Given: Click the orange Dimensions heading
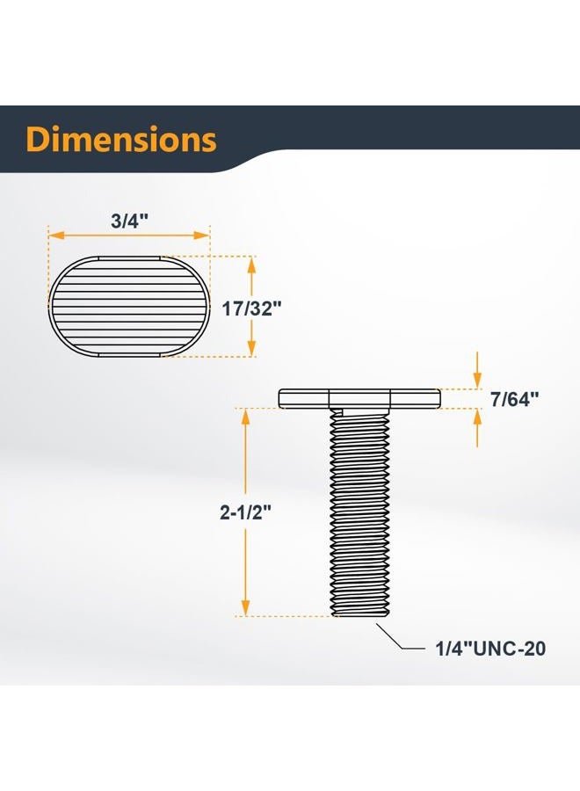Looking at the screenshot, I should pyautogui.click(x=121, y=140).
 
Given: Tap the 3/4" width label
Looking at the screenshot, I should pyautogui.click(x=129, y=221).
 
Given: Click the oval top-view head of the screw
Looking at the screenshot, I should pyautogui.click(x=129, y=306).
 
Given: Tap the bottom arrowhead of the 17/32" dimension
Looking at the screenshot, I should pyautogui.click(x=253, y=351).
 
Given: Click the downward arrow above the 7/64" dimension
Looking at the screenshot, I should pyautogui.click(x=477, y=380).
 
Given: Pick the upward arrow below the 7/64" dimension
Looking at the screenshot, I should pyautogui.click(x=477, y=418).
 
